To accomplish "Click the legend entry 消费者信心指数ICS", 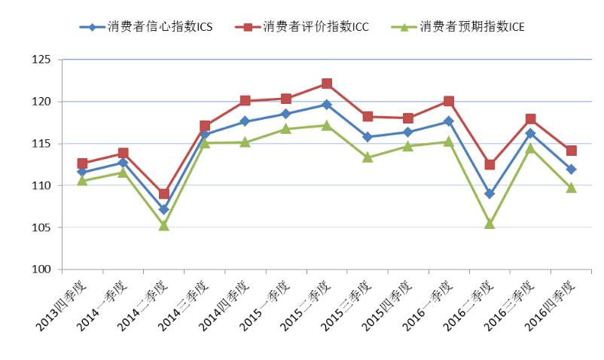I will point(146,27).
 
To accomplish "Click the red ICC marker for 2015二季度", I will point(327,84).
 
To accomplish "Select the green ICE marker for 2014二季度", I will point(163,225).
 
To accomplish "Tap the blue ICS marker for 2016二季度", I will point(490,194).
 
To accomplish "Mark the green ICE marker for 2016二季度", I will point(490,224).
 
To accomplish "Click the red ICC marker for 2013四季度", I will point(82,163).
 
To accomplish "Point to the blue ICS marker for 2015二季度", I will point(327,104).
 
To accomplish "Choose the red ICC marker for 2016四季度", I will point(571,151).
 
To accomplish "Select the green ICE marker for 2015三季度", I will point(368,157).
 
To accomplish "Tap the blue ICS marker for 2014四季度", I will point(245,121).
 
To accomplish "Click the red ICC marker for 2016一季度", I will point(449,101).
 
